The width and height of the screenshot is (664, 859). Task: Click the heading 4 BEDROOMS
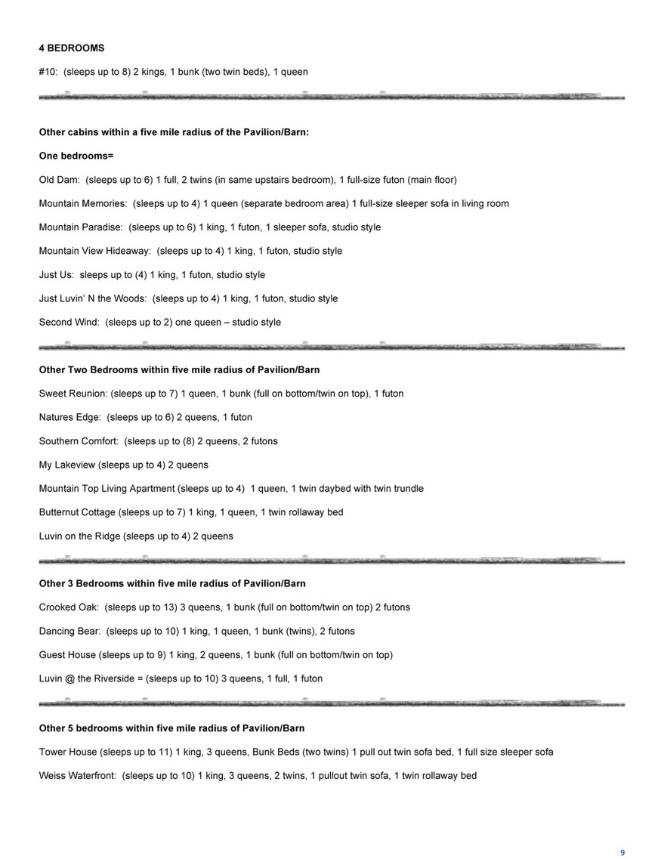coord(71,48)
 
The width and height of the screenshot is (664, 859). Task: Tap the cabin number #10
coord(48,72)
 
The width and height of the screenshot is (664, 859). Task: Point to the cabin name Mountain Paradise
coord(80,227)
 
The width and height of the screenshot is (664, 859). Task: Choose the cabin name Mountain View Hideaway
coord(94,251)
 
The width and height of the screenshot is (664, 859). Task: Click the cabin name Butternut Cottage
coord(77,512)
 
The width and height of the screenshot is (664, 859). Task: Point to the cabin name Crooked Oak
coord(69,607)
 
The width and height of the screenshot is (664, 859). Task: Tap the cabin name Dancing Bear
coord(69,631)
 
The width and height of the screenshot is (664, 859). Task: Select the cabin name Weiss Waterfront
coord(77,775)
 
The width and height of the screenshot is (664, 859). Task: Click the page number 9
coord(622,831)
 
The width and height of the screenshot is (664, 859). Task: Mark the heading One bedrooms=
coord(76,156)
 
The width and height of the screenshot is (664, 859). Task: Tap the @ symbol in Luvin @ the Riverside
coord(70,678)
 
